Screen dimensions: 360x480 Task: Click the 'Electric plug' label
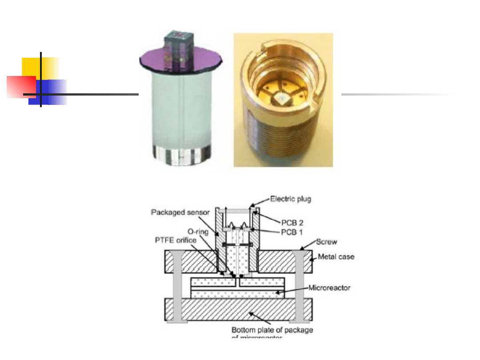(291, 199)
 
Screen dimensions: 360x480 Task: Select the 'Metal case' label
(336, 257)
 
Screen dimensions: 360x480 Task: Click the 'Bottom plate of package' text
(272, 330)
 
